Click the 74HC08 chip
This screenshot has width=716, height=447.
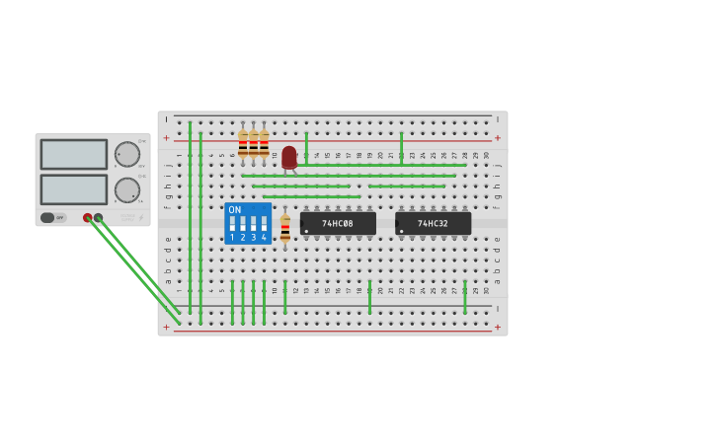click(338, 224)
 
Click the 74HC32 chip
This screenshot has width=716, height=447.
click(433, 224)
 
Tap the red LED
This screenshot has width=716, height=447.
click(288, 157)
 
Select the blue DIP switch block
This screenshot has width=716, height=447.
click(248, 223)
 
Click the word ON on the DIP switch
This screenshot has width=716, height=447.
click(234, 210)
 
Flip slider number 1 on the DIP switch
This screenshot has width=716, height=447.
click(233, 224)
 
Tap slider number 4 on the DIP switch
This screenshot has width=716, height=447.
click(264, 224)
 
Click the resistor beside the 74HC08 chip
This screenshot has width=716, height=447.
click(285, 229)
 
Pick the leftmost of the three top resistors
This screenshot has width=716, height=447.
click(243, 144)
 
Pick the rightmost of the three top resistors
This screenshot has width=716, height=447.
click(264, 144)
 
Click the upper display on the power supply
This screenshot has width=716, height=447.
click(74, 154)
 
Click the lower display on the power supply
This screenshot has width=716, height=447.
click(74, 188)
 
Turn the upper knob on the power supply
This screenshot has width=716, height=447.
click(127, 154)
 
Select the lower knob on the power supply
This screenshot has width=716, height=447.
click(127, 189)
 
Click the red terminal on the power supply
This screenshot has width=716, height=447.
click(88, 218)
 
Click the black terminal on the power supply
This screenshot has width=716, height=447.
click(98, 218)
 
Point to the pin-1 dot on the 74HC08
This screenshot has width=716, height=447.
click(307, 232)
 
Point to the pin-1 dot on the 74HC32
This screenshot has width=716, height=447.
click(402, 232)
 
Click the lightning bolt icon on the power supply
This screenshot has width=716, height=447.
click(140, 218)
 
